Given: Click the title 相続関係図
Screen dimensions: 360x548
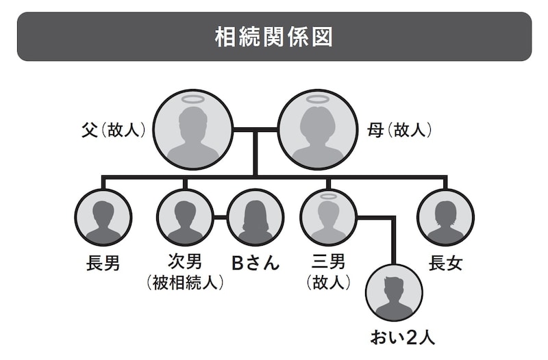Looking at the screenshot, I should pyautogui.click(x=273, y=37).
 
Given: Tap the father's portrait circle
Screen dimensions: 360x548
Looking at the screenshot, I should pyautogui.click(x=193, y=129).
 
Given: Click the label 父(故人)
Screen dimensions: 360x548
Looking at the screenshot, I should pyautogui.click(x=113, y=129).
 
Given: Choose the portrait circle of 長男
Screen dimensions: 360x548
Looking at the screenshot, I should pyautogui.click(x=103, y=218).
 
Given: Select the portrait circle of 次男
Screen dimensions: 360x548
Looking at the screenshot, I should pyautogui.click(x=185, y=218).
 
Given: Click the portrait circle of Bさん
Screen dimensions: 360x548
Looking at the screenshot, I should pyautogui.click(x=255, y=218).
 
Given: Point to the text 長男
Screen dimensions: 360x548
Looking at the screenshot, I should pyautogui.click(x=103, y=263).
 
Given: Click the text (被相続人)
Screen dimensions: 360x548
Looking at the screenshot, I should pyautogui.click(x=185, y=282).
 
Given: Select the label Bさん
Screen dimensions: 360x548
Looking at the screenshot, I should pyautogui.click(x=255, y=263).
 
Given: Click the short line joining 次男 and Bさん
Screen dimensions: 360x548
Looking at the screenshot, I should pyautogui.click(x=220, y=218).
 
